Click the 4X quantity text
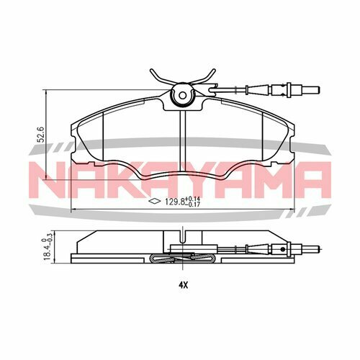click(183, 284)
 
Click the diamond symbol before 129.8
click(153, 202)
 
